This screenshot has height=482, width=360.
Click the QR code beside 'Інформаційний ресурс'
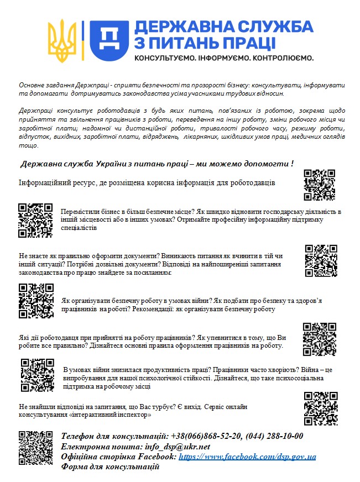(x=320, y=185)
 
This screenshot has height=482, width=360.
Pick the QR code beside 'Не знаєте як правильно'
(x=321, y=260)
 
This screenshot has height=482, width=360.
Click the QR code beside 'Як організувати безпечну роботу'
(x=36, y=301)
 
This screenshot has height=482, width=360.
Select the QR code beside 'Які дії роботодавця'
(x=319, y=339)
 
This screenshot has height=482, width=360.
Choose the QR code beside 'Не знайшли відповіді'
(x=321, y=409)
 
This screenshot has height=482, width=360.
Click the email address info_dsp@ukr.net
(x=176, y=446)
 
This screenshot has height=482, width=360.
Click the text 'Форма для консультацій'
(x=111, y=467)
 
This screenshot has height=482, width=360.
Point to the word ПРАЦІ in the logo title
(x=249, y=43)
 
